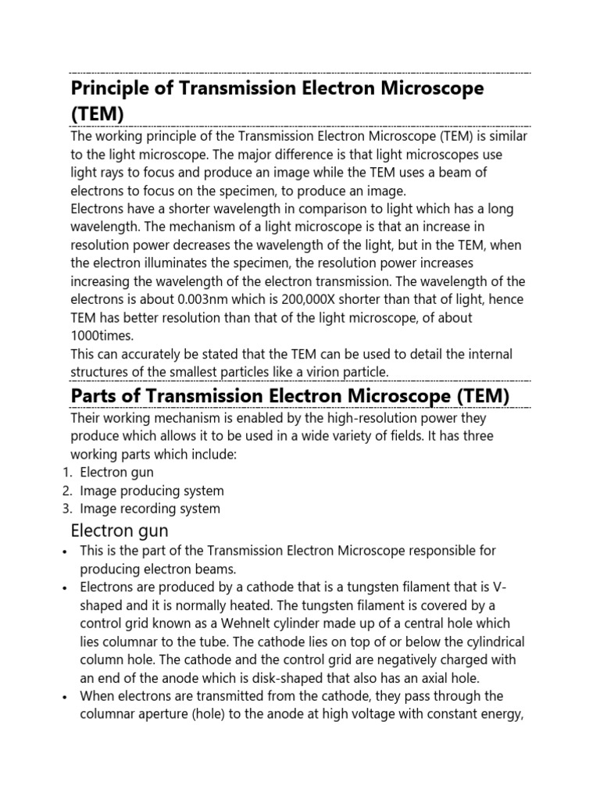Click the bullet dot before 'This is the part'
[63, 552]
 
